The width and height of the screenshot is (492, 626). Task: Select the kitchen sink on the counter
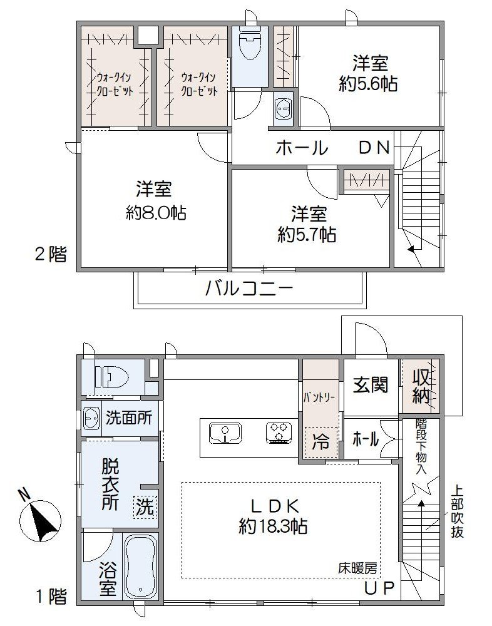(223, 433)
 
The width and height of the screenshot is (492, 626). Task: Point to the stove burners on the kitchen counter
(279, 433)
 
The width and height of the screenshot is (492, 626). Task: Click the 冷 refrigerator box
(320, 442)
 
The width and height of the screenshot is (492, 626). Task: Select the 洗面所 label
(128, 418)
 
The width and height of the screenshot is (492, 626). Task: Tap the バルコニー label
(249, 289)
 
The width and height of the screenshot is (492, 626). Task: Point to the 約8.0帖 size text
(156, 213)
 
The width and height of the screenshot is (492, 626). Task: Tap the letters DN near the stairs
(374, 148)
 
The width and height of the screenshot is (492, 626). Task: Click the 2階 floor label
(49, 254)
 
